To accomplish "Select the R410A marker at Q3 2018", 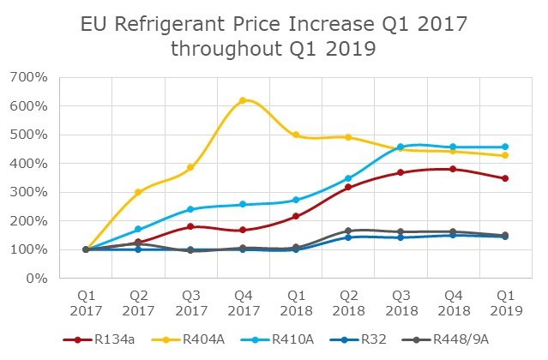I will [x=400, y=147].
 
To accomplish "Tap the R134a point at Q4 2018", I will [x=452, y=169].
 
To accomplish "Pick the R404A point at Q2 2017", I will [x=138, y=192].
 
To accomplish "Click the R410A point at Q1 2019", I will [x=504, y=147].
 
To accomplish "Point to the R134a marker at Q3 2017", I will [x=190, y=226].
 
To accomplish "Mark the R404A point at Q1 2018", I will [x=295, y=135].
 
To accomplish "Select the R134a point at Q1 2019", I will [x=504, y=178].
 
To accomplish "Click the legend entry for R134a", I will [x=96, y=339].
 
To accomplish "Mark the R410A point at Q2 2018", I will [x=347, y=178].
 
